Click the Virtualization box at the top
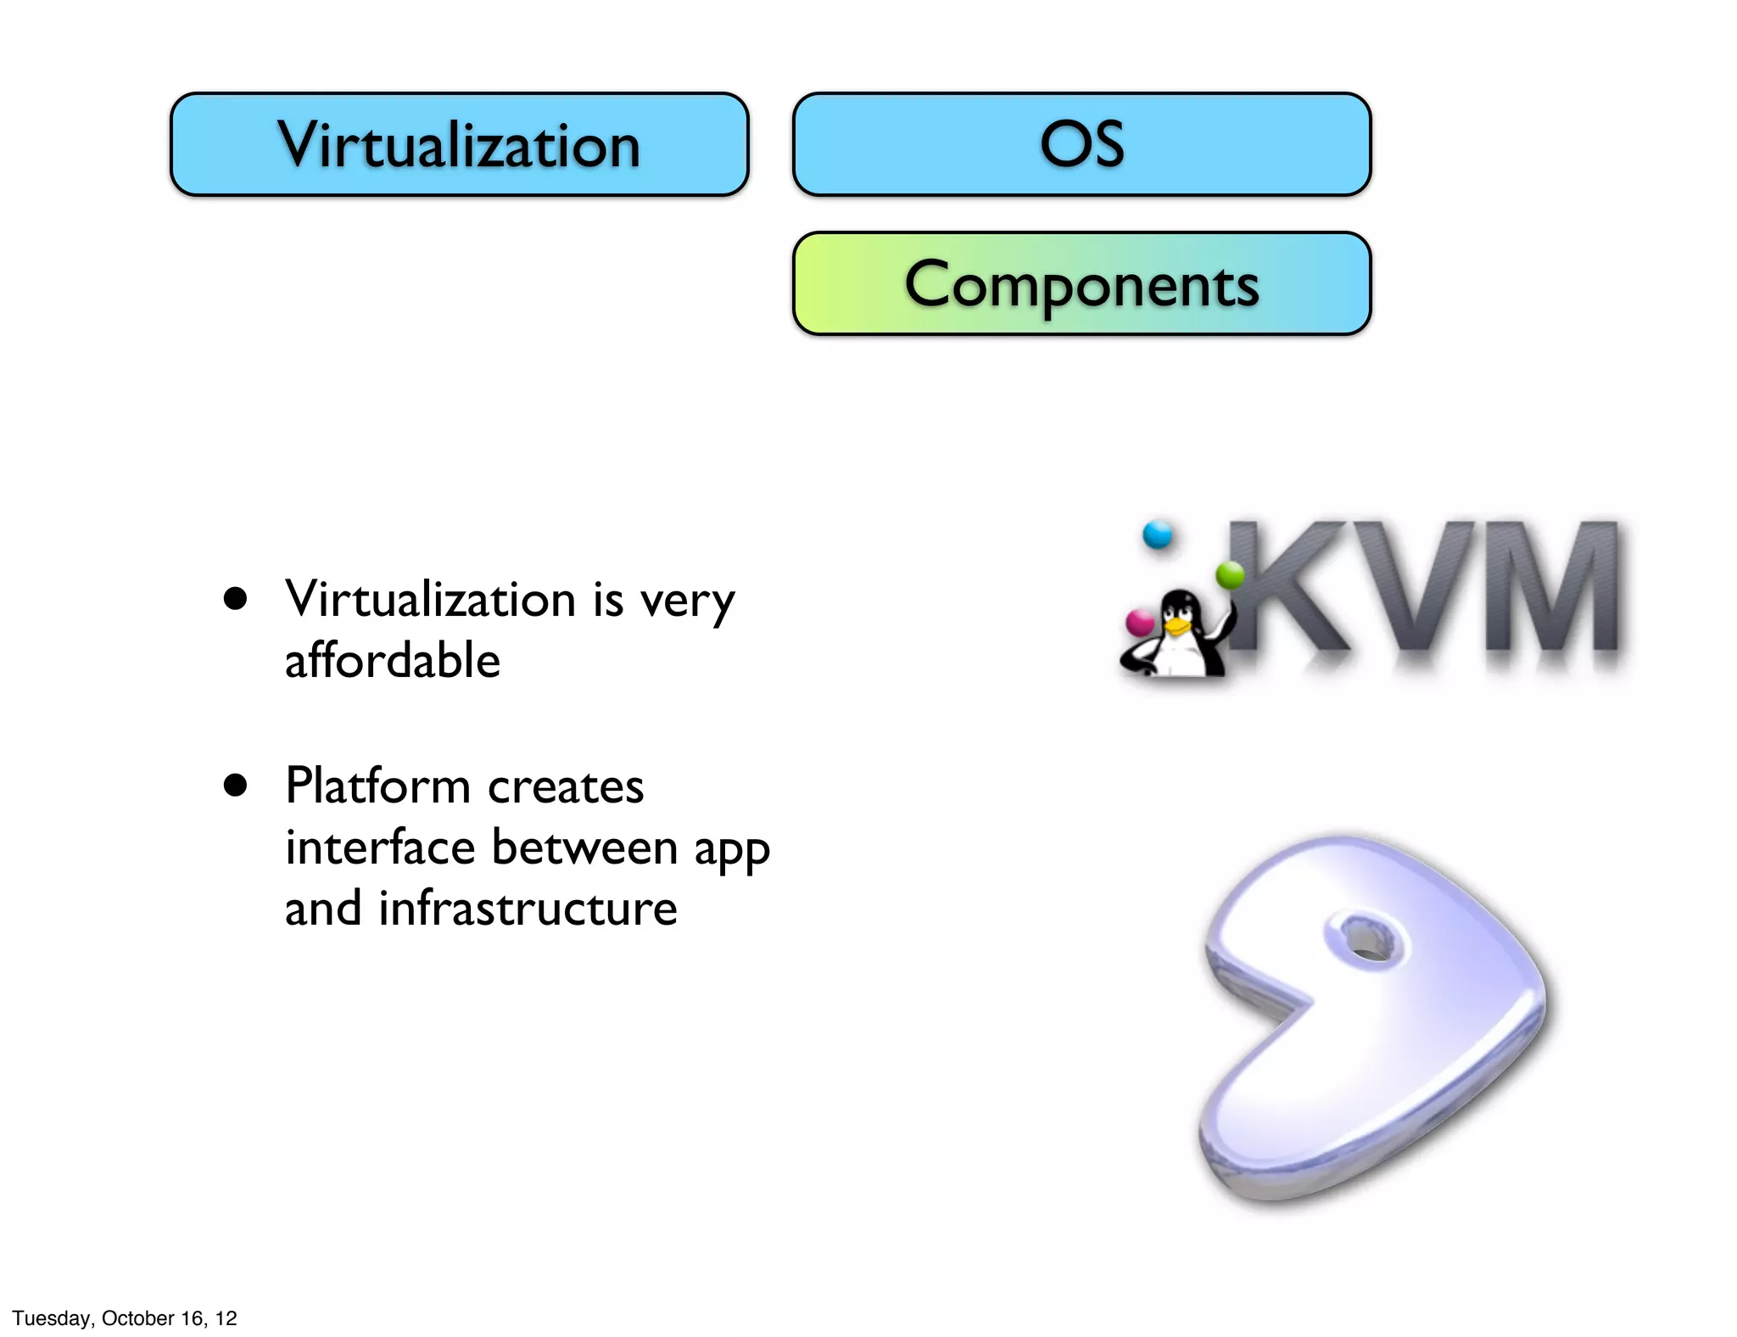pos(459,144)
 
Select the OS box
pos(1081,144)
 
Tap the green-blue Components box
pos(1081,283)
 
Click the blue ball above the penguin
pos(1157,534)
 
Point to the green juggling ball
pos(1229,575)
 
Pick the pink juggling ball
pos(1138,622)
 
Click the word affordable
pos(392,661)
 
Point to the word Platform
pos(377,786)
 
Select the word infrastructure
pos(527,909)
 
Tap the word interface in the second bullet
pos(380,847)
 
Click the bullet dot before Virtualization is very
pos(235,599)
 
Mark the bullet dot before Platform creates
pos(235,786)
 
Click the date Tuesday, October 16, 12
pos(125,1317)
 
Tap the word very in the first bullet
pos(687,601)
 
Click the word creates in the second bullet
pos(566,787)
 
